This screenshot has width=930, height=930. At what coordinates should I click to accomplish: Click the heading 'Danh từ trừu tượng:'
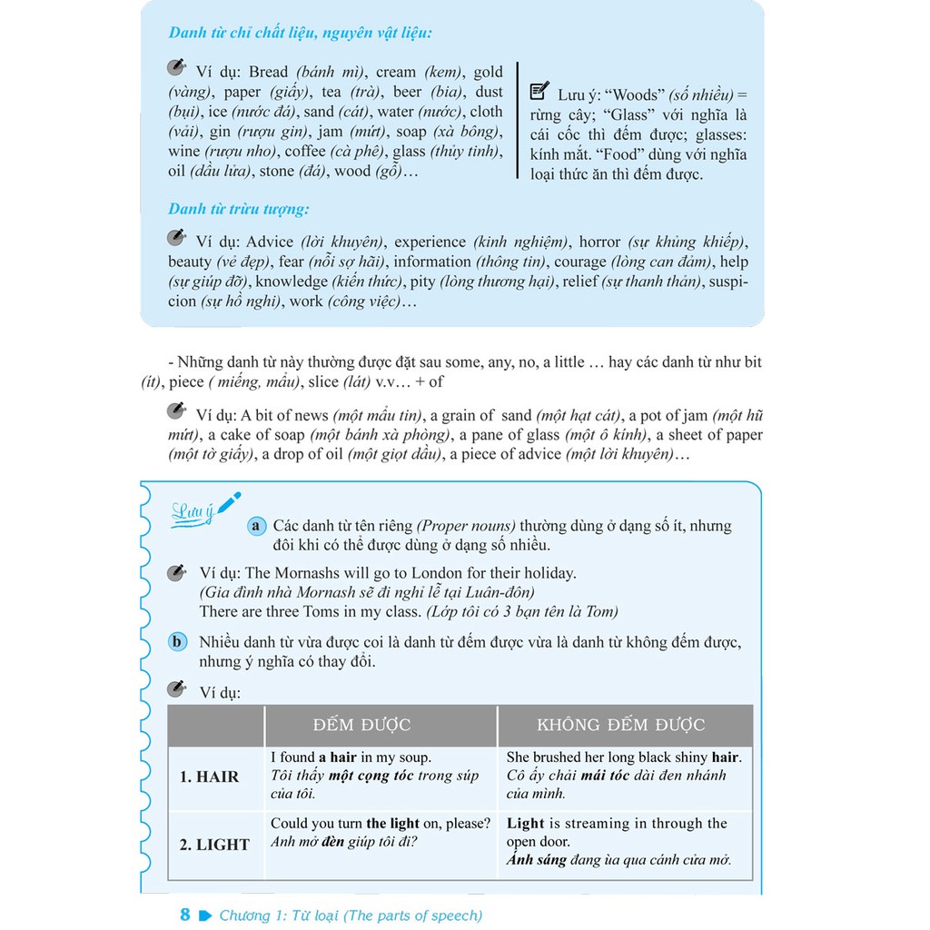pyautogui.click(x=239, y=210)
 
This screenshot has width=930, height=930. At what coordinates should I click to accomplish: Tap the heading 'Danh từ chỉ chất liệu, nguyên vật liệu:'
pyautogui.click(x=300, y=33)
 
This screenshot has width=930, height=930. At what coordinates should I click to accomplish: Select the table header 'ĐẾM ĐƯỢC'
pyautogui.click(x=361, y=725)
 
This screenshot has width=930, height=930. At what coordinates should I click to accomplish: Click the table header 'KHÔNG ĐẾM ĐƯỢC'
pyautogui.click(x=621, y=725)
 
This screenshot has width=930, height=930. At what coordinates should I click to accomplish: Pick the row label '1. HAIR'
pyautogui.click(x=209, y=777)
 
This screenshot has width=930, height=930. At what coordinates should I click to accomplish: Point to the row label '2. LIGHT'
pyautogui.click(x=214, y=845)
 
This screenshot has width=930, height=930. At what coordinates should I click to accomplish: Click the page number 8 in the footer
pyautogui.click(x=185, y=915)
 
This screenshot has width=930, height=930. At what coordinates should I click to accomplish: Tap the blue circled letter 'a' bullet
pyautogui.click(x=256, y=526)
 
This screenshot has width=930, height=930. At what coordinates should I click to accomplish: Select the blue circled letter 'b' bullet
pyautogui.click(x=179, y=642)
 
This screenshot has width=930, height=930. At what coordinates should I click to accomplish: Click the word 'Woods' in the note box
pyautogui.click(x=638, y=94)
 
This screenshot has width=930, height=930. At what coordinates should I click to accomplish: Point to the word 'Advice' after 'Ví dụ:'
pyautogui.click(x=270, y=242)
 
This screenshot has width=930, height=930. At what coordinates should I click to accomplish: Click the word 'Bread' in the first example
pyautogui.click(x=268, y=72)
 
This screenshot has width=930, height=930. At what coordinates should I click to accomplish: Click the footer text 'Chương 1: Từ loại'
pyautogui.click(x=280, y=915)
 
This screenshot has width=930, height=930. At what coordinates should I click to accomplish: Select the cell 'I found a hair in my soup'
pyautogui.click(x=351, y=757)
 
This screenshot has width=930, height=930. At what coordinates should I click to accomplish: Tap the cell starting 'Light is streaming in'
pyautogui.click(x=617, y=824)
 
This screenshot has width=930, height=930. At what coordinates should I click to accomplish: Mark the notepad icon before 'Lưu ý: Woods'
pyautogui.click(x=538, y=91)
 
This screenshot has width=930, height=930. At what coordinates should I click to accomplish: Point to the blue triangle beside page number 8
pyautogui.click(x=204, y=915)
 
